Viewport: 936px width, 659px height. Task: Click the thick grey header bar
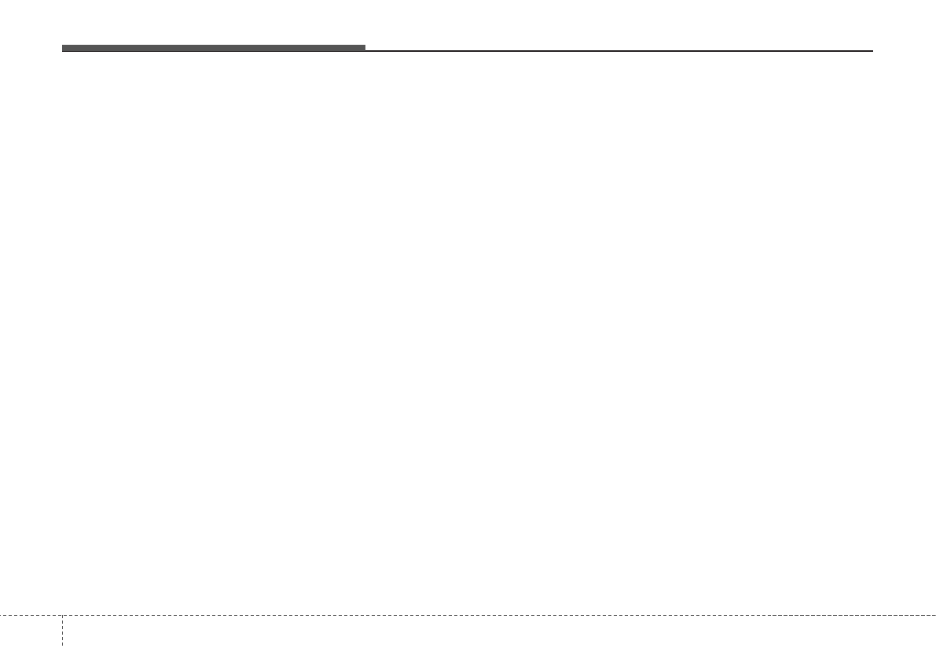(x=214, y=48)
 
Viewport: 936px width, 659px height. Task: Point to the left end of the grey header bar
(x=63, y=48)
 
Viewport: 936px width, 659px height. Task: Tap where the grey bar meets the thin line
(x=365, y=49)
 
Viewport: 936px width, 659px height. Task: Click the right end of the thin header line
(x=872, y=51)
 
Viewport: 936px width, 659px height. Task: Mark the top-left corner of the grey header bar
(x=63, y=46)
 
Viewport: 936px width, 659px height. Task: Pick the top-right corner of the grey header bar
(x=365, y=46)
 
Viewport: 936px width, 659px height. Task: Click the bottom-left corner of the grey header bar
(x=63, y=51)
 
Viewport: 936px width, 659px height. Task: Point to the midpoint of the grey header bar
(x=214, y=49)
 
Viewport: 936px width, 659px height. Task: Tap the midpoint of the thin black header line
(x=619, y=51)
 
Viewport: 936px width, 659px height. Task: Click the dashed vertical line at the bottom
(x=62, y=632)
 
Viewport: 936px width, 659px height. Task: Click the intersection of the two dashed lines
(x=62, y=615)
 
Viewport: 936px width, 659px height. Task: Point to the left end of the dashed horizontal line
(x=2, y=615)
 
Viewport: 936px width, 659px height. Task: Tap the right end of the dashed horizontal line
(x=934, y=615)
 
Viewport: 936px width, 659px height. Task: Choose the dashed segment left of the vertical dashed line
(x=31, y=615)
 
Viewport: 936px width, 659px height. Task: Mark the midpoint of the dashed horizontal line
(x=468, y=615)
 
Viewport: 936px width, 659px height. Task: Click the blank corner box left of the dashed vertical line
(x=31, y=637)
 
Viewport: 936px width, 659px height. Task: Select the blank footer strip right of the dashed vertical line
(x=499, y=637)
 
